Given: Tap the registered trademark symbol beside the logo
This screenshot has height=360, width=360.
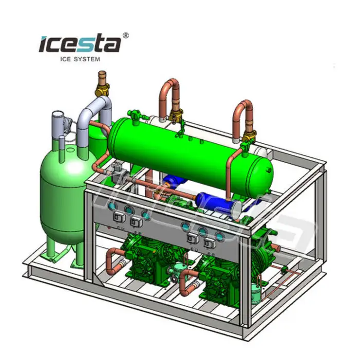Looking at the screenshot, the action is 126,35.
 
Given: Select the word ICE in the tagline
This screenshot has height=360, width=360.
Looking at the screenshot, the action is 65,59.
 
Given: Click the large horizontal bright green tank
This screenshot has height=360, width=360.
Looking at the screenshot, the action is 191,156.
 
